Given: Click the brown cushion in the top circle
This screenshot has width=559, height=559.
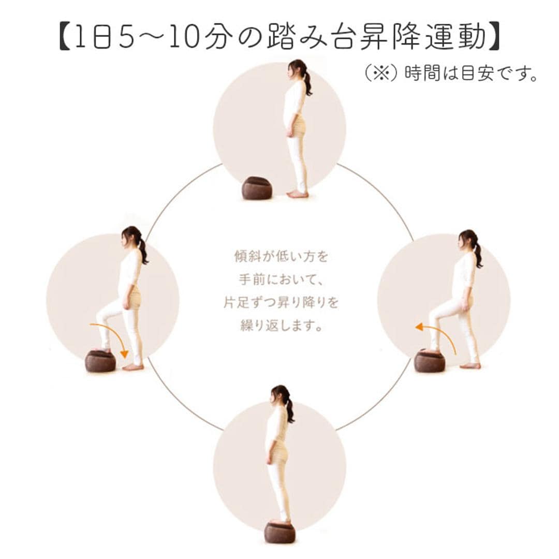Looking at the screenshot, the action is pos(257,188).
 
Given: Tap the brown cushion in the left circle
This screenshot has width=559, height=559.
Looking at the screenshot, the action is pos(100,361).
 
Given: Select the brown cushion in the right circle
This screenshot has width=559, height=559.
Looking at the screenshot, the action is pos(430,360).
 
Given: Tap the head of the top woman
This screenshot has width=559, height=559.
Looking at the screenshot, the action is pos(297,69).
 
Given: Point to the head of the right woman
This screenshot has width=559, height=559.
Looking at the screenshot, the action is pos(467,240).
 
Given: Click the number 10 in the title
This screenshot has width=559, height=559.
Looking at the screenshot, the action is pos(185,36).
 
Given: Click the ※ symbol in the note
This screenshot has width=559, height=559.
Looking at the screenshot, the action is pos(381,74).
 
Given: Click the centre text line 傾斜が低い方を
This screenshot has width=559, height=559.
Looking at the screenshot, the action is pos(281,256).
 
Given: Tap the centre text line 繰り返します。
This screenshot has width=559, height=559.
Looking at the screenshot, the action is pos(281,325).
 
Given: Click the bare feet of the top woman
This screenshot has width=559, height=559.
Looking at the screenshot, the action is pos(298,194).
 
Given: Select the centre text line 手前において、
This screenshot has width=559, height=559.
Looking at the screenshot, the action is pos(282,280).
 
